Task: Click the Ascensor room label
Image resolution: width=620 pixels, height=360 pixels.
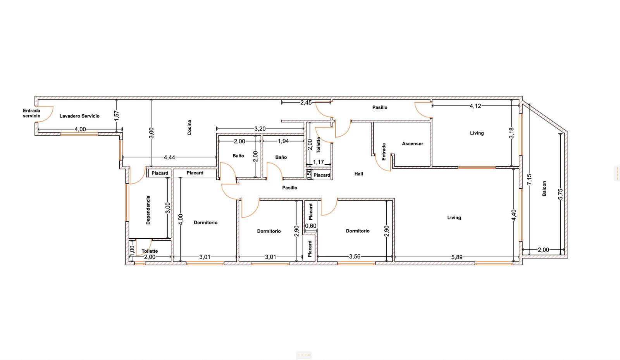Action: tap(412, 144)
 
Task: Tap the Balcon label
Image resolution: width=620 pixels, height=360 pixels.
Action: tap(544, 189)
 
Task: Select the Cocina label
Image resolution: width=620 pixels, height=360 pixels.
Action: tap(189, 127)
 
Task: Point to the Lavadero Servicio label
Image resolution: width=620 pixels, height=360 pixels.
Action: tap(79, 116)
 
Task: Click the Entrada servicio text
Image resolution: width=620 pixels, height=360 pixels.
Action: tap(31, 113)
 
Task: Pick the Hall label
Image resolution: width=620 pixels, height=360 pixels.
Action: tap(358, 174)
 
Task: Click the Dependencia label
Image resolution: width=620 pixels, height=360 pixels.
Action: tap(148, 210)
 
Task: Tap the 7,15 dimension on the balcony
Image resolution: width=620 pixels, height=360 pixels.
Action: tap(529, 179)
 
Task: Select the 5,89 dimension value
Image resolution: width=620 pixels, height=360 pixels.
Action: tap(457, 257)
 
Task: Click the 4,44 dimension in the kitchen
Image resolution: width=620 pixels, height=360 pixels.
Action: tap(169, 157)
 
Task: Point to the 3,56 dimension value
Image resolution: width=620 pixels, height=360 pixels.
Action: tap(355, 257)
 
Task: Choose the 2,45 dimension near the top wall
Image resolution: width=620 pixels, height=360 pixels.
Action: tap(306, 103)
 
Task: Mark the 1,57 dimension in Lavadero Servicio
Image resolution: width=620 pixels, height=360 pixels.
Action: tap(117, 115)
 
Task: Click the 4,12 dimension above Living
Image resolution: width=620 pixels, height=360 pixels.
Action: tap(475, 106)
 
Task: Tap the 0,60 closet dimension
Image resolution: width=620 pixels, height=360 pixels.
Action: tap(310, 226)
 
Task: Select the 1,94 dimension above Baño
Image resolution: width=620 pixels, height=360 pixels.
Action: tap(283, 141)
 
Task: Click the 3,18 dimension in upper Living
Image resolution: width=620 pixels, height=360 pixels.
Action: tap(511, 133)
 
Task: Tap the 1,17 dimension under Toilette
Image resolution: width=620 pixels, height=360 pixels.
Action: tap(318, 162)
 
